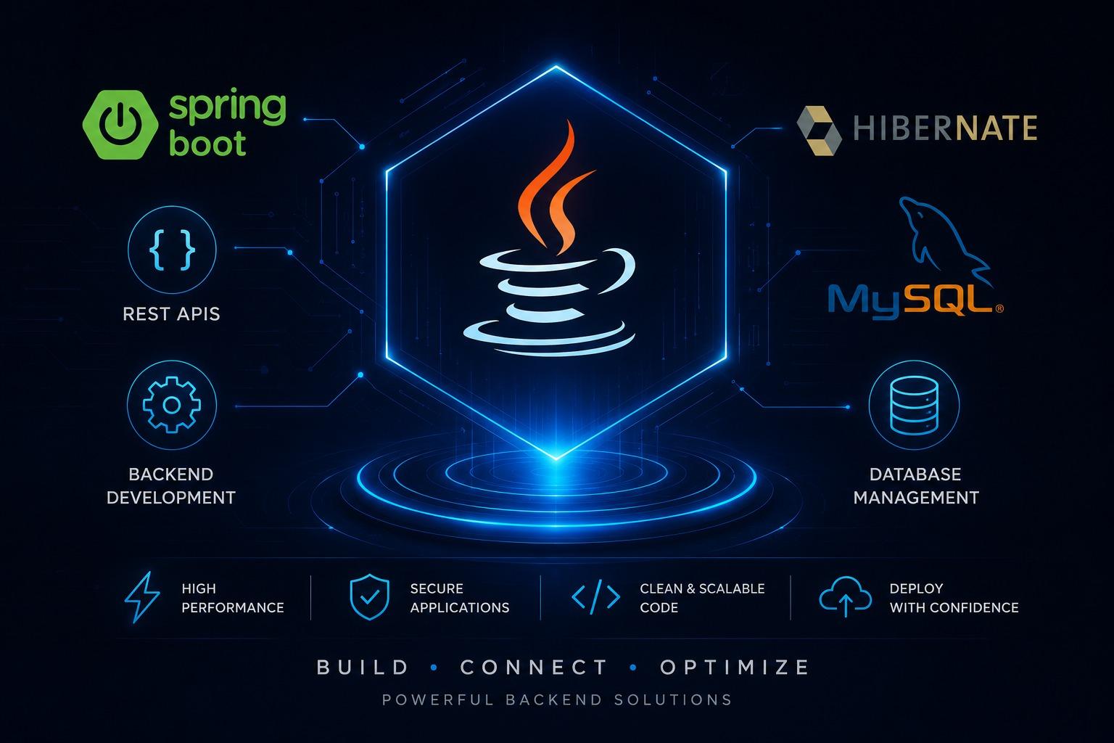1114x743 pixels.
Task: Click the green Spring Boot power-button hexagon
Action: point(120,124)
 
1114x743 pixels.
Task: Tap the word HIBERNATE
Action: point(945,128)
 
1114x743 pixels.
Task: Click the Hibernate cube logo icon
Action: point(819,131)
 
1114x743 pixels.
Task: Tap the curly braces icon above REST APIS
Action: point(172,250)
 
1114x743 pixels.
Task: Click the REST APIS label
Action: point(171,314)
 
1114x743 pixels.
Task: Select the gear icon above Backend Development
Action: point(172,405)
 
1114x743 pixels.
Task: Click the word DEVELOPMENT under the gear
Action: point(171,498)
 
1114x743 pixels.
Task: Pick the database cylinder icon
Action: point(914,405)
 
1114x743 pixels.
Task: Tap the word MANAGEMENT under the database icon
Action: point(916,498)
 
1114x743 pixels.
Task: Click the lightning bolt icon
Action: point(142,597)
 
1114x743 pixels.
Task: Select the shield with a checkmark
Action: point(369,596)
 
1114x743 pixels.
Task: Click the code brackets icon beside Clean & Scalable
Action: point(595,596)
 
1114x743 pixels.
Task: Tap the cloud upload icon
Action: point(845,596)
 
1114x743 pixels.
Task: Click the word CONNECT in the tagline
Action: point(534,668)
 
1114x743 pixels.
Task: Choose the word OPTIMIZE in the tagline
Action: point(735,668)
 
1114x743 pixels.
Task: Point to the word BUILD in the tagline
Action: point(363,668)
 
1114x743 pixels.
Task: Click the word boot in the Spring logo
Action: point(207,144)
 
